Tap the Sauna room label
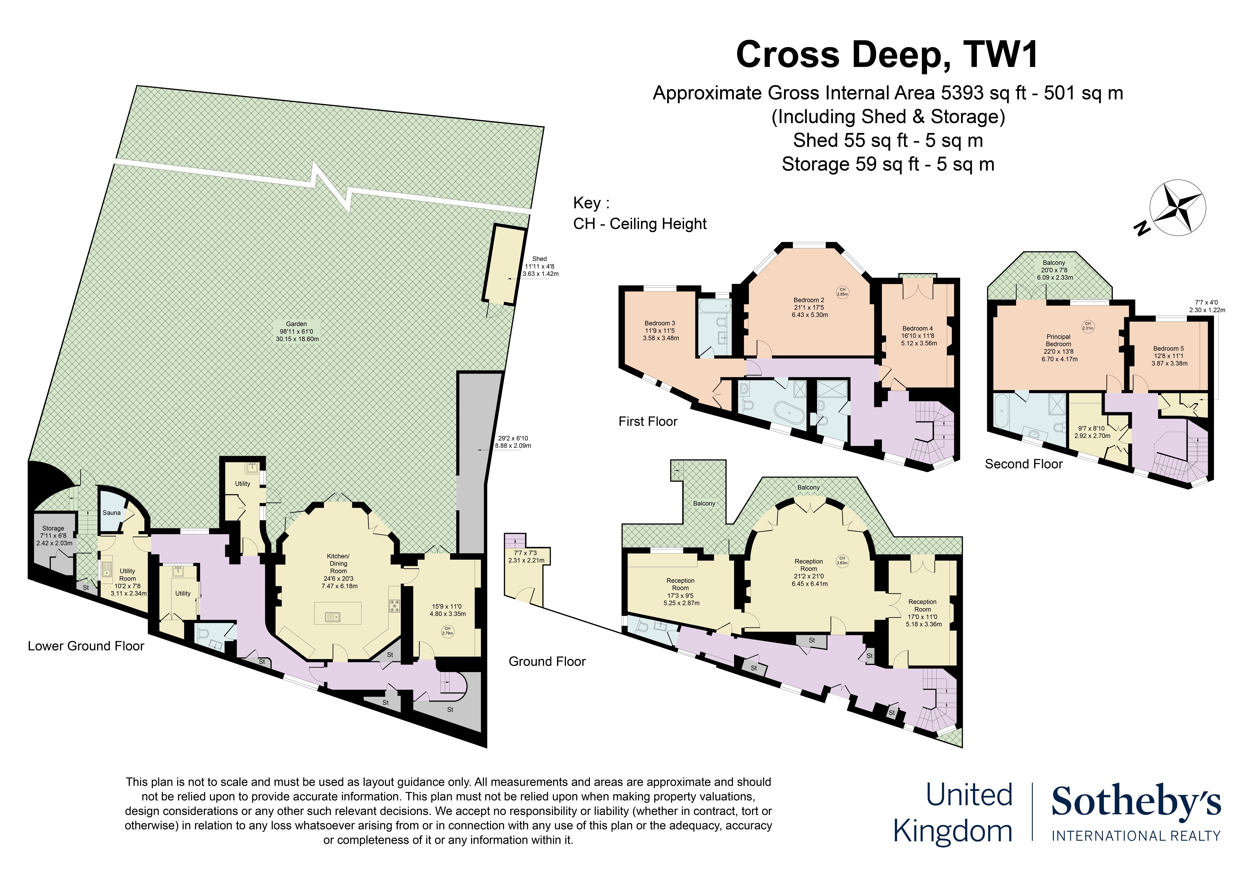click(111, 512)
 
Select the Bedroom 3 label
click(660, 330)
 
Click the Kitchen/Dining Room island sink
click(332, 616)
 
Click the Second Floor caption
click(1023, 464)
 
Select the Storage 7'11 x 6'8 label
click(54, 535)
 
